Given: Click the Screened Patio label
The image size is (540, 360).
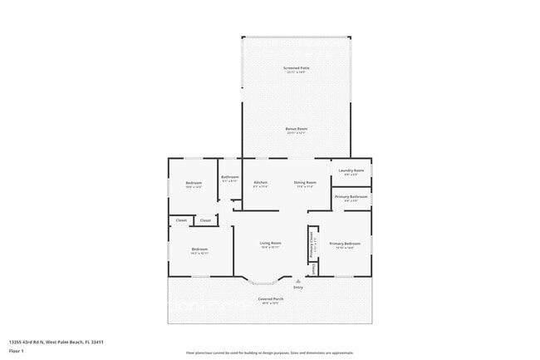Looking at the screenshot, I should tap(295, 68).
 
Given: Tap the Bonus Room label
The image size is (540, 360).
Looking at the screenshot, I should tap(297, 129).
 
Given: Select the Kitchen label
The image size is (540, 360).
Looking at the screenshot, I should tap(260, 182).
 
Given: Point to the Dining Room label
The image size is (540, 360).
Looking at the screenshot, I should tap(305, 182).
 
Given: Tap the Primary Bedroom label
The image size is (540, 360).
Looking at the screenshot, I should tap(345, 244).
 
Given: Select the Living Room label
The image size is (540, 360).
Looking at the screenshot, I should tap(270, 243).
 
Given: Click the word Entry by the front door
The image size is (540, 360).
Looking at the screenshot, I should tap(298, 288).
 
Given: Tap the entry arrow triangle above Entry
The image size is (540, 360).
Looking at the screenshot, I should tap(298, 281).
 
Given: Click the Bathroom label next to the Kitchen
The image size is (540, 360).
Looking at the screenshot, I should tap(230, 177).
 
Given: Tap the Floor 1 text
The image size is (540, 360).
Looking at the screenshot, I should tap(17, 351).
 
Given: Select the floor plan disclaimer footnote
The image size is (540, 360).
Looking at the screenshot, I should tap(269, 353).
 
